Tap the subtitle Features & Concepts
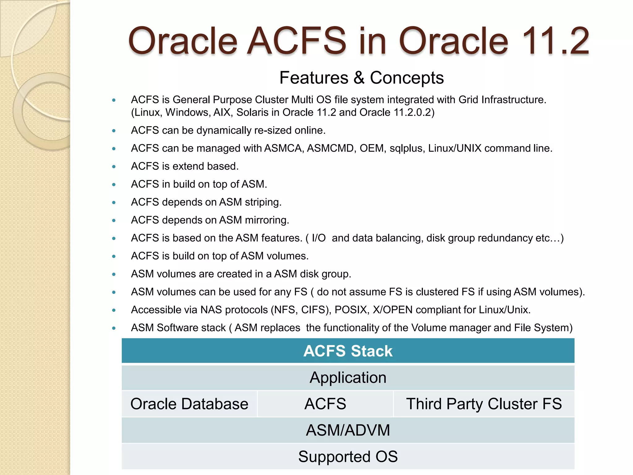[361, 78]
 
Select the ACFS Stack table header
[348, 351]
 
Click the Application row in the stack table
[348, 378]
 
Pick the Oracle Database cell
[189, 404]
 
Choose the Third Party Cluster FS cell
[484, 404]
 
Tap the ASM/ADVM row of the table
[348, 430]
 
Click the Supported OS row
[348, 456]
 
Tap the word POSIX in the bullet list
[352, 310]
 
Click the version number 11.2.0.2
[412, 113]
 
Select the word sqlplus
[407, 149]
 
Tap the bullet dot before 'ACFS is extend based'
[114, 167]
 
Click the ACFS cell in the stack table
[325, 404]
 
